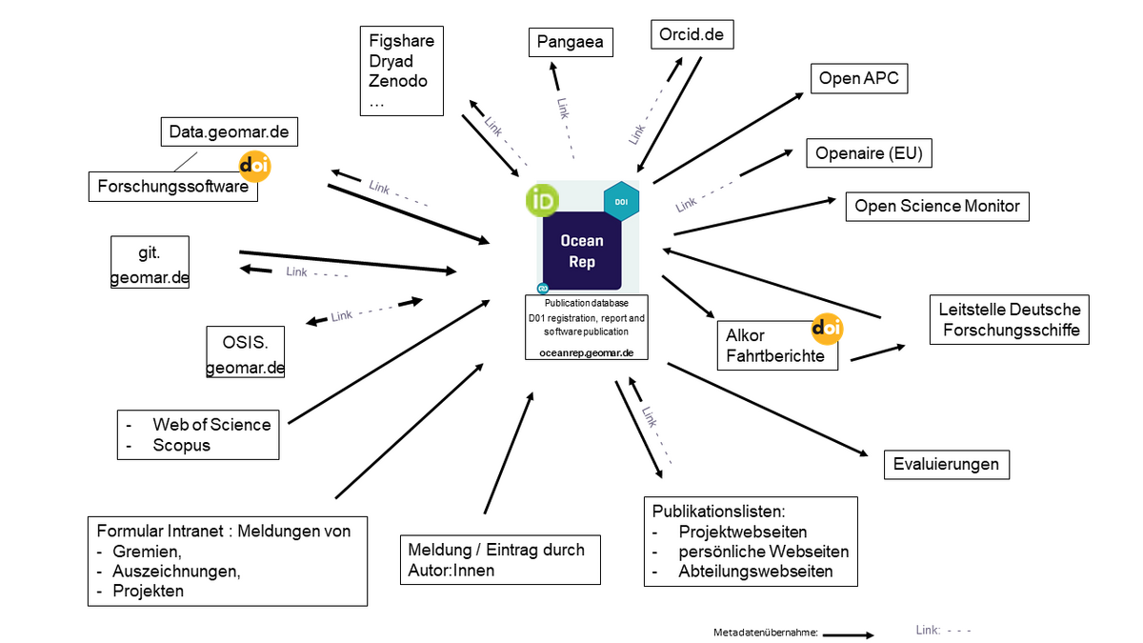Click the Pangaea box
pos(570,43)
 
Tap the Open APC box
pos(858,78)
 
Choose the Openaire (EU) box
pos(869,152)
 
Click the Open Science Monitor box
pos(936,206)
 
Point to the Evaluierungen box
pos(946,464)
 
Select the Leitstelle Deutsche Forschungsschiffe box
pos(1009,320)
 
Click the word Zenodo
pos(398,81)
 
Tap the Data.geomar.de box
pos(229,131)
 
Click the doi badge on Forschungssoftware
pos(255,166)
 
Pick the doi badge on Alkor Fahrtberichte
pos(827,329)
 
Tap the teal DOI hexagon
pos(621,202)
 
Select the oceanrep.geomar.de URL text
pos(581,352)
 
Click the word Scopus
pos(181,445)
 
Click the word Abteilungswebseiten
pos(755,572)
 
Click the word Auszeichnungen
pos(176,571)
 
